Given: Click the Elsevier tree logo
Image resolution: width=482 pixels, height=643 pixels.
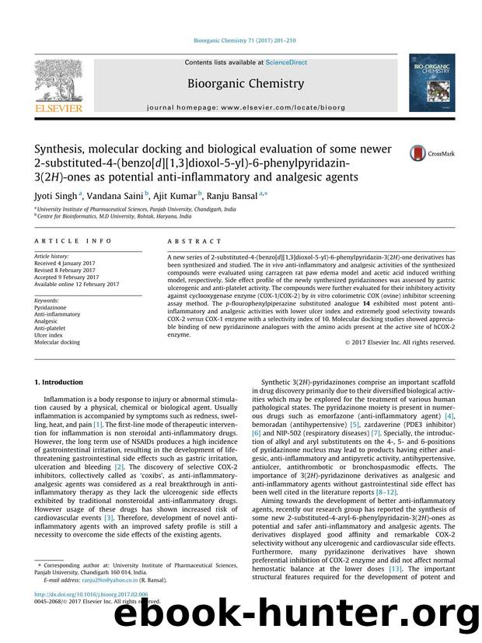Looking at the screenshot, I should (59, 81).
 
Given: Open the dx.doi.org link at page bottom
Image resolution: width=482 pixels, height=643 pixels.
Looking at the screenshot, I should (85, 616).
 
